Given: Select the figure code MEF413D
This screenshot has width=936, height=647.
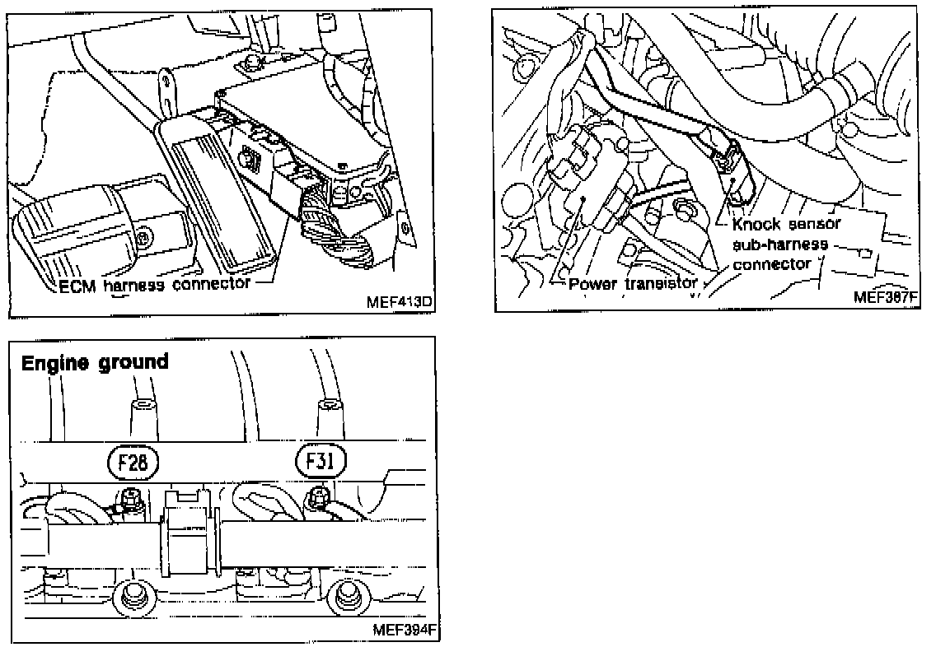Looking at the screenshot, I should pos(399,302).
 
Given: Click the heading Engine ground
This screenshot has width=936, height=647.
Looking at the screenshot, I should pos(95,362).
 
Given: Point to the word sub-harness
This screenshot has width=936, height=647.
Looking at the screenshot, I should pos(772,244).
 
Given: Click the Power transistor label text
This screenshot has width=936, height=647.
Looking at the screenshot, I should pos(633,284).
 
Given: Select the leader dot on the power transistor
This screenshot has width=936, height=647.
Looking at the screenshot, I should pos(582,199).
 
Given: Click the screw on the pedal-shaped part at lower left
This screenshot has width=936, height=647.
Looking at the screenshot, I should pos(145,239).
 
